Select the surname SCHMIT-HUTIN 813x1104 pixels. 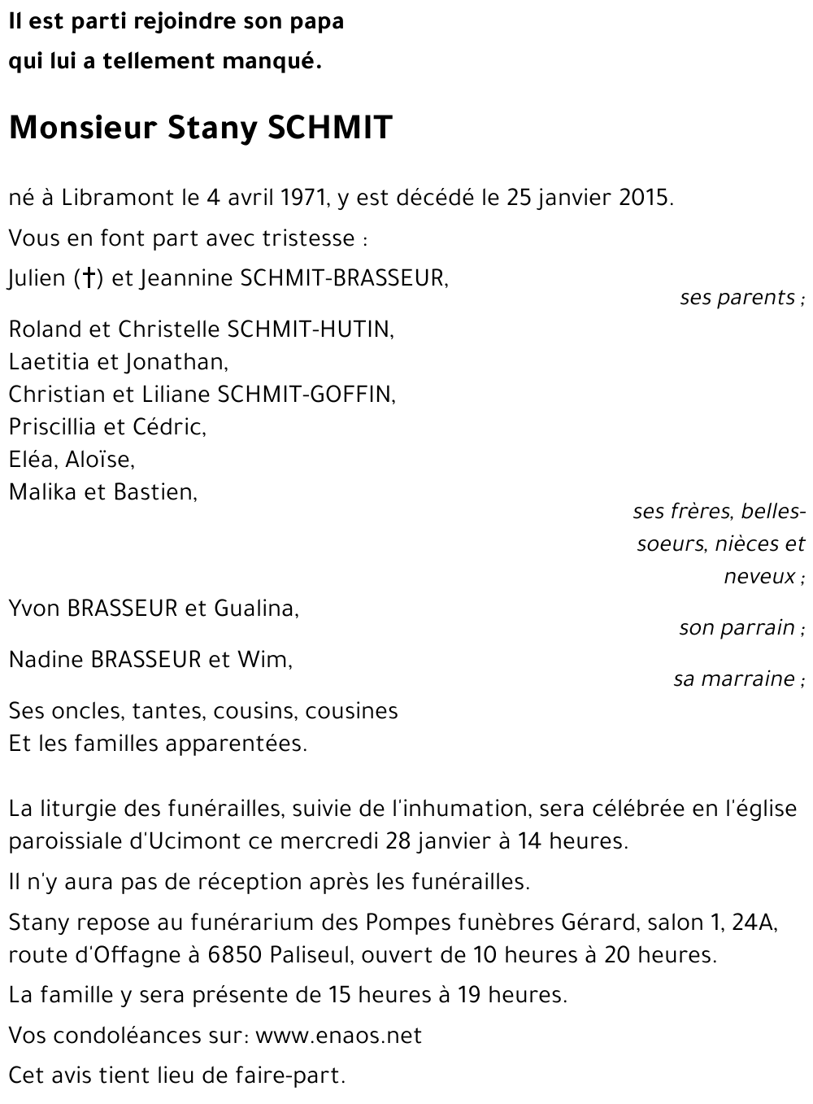point(311,329)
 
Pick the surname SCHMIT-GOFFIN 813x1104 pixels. point(306,394)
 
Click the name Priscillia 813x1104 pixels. point(53,426)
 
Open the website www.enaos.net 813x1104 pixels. point(338,1035)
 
